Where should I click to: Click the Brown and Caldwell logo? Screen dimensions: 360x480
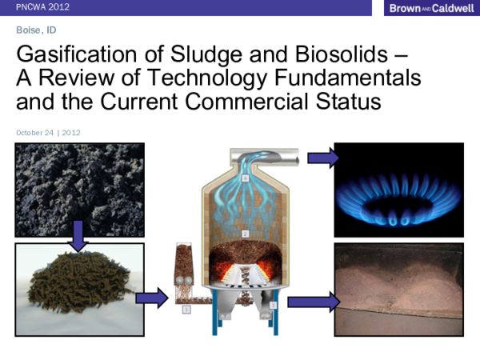click(x=424, y=8)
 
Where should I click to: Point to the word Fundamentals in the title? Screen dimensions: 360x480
click(x=351, y=80)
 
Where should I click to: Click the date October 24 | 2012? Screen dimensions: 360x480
click(x=48, y=133)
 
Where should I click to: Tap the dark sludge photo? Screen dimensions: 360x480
click(x=78, y=190)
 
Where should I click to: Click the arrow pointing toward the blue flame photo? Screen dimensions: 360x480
click(x=322, y=158)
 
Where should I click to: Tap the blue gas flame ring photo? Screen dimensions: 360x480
click(x=398, y=190)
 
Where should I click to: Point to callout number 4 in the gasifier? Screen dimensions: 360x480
click(x=246, y=178)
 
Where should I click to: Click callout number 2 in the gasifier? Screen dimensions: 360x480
click(x=246, y=233)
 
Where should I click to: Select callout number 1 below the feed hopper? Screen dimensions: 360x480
click(x=186, y=308)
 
